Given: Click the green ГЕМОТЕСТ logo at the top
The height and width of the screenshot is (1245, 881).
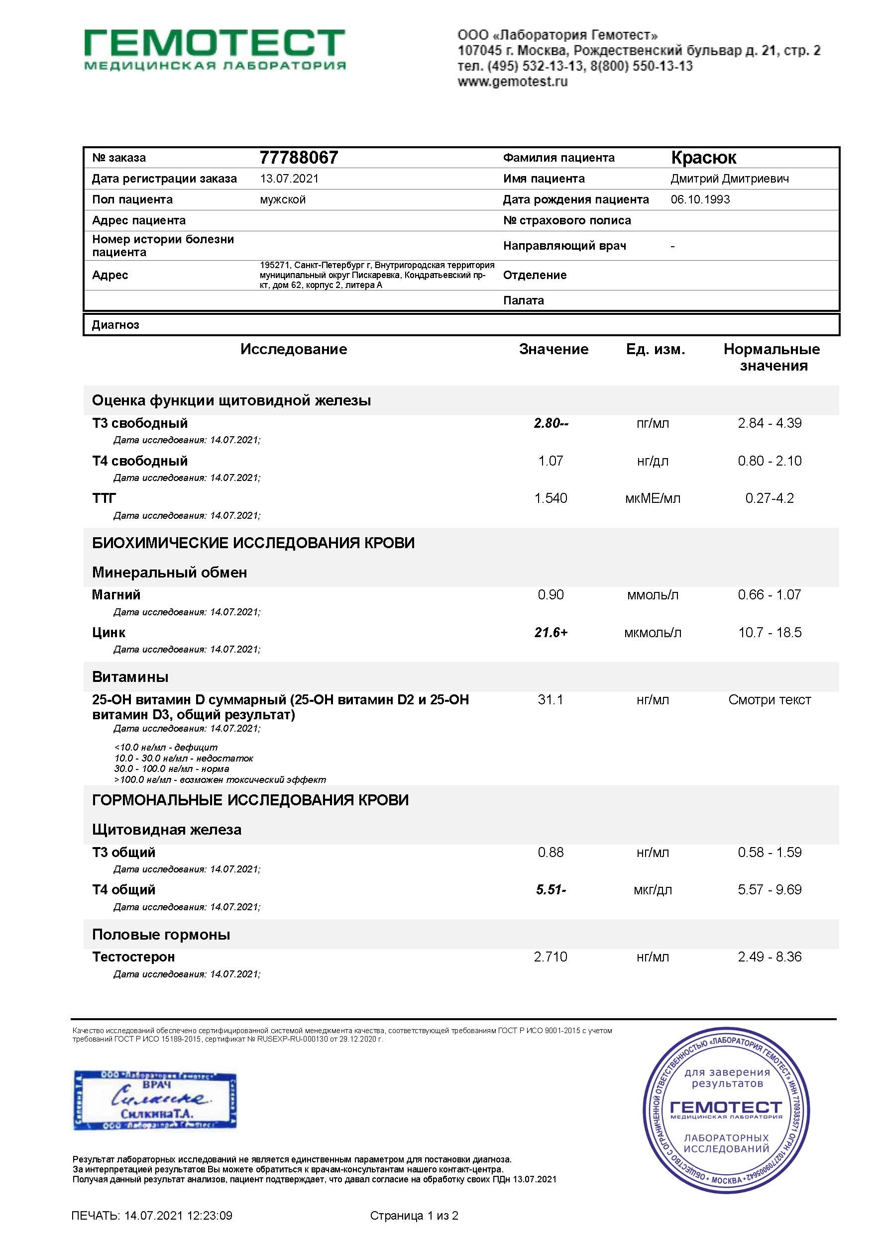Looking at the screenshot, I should click(215, 49).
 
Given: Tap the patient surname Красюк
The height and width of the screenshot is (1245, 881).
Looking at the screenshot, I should click(703, 158).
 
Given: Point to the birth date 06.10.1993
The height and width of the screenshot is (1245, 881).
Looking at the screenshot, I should click(700, 199).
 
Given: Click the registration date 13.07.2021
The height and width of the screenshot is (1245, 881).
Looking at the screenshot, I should click(289, 179).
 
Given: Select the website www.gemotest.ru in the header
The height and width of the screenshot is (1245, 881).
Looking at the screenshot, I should click(512, 82).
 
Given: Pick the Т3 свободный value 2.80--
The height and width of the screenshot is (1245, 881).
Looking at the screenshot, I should click(551, 423).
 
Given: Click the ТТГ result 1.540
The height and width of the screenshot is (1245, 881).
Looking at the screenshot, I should click(551, 498).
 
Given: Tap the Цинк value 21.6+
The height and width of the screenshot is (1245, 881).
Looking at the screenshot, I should click(551, 632).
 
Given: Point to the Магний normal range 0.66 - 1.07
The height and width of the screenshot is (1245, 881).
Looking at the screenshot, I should click(769, 595).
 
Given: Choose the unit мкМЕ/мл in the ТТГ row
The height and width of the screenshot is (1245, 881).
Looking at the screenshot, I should click(653, 498).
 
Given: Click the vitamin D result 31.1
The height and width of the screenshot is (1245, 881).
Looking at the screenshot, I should click(551, 699).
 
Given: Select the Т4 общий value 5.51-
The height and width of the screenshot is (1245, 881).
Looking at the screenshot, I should click(551, 889).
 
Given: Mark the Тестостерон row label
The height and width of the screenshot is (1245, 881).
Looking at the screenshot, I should click(133, 957).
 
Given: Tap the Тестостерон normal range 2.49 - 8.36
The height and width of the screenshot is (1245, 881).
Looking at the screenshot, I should click(769, 957).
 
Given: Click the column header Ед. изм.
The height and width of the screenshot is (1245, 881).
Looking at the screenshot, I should click(656, 349).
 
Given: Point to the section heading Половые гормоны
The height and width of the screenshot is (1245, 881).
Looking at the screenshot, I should click(161, 934).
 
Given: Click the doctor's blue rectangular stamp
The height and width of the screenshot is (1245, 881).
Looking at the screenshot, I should click(155, 1100).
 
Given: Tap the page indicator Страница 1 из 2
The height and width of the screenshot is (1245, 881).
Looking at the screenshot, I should click(414, 1216).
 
